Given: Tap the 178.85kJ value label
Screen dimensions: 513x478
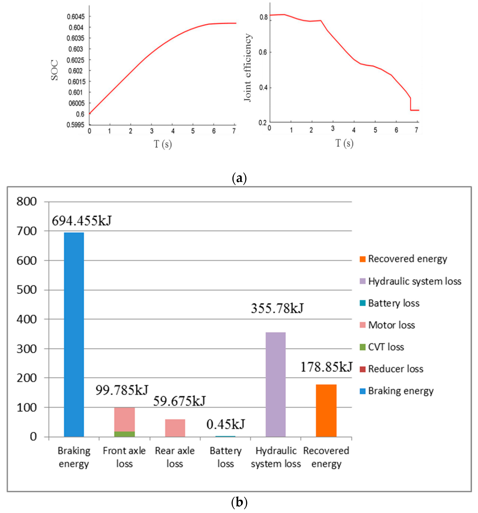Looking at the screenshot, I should coord(326,367).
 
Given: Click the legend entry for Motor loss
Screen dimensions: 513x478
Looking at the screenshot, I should coord(387,325).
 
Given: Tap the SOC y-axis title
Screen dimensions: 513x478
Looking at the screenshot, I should coord(54,70).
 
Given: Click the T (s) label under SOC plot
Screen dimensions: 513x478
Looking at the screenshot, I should coord(163,144).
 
